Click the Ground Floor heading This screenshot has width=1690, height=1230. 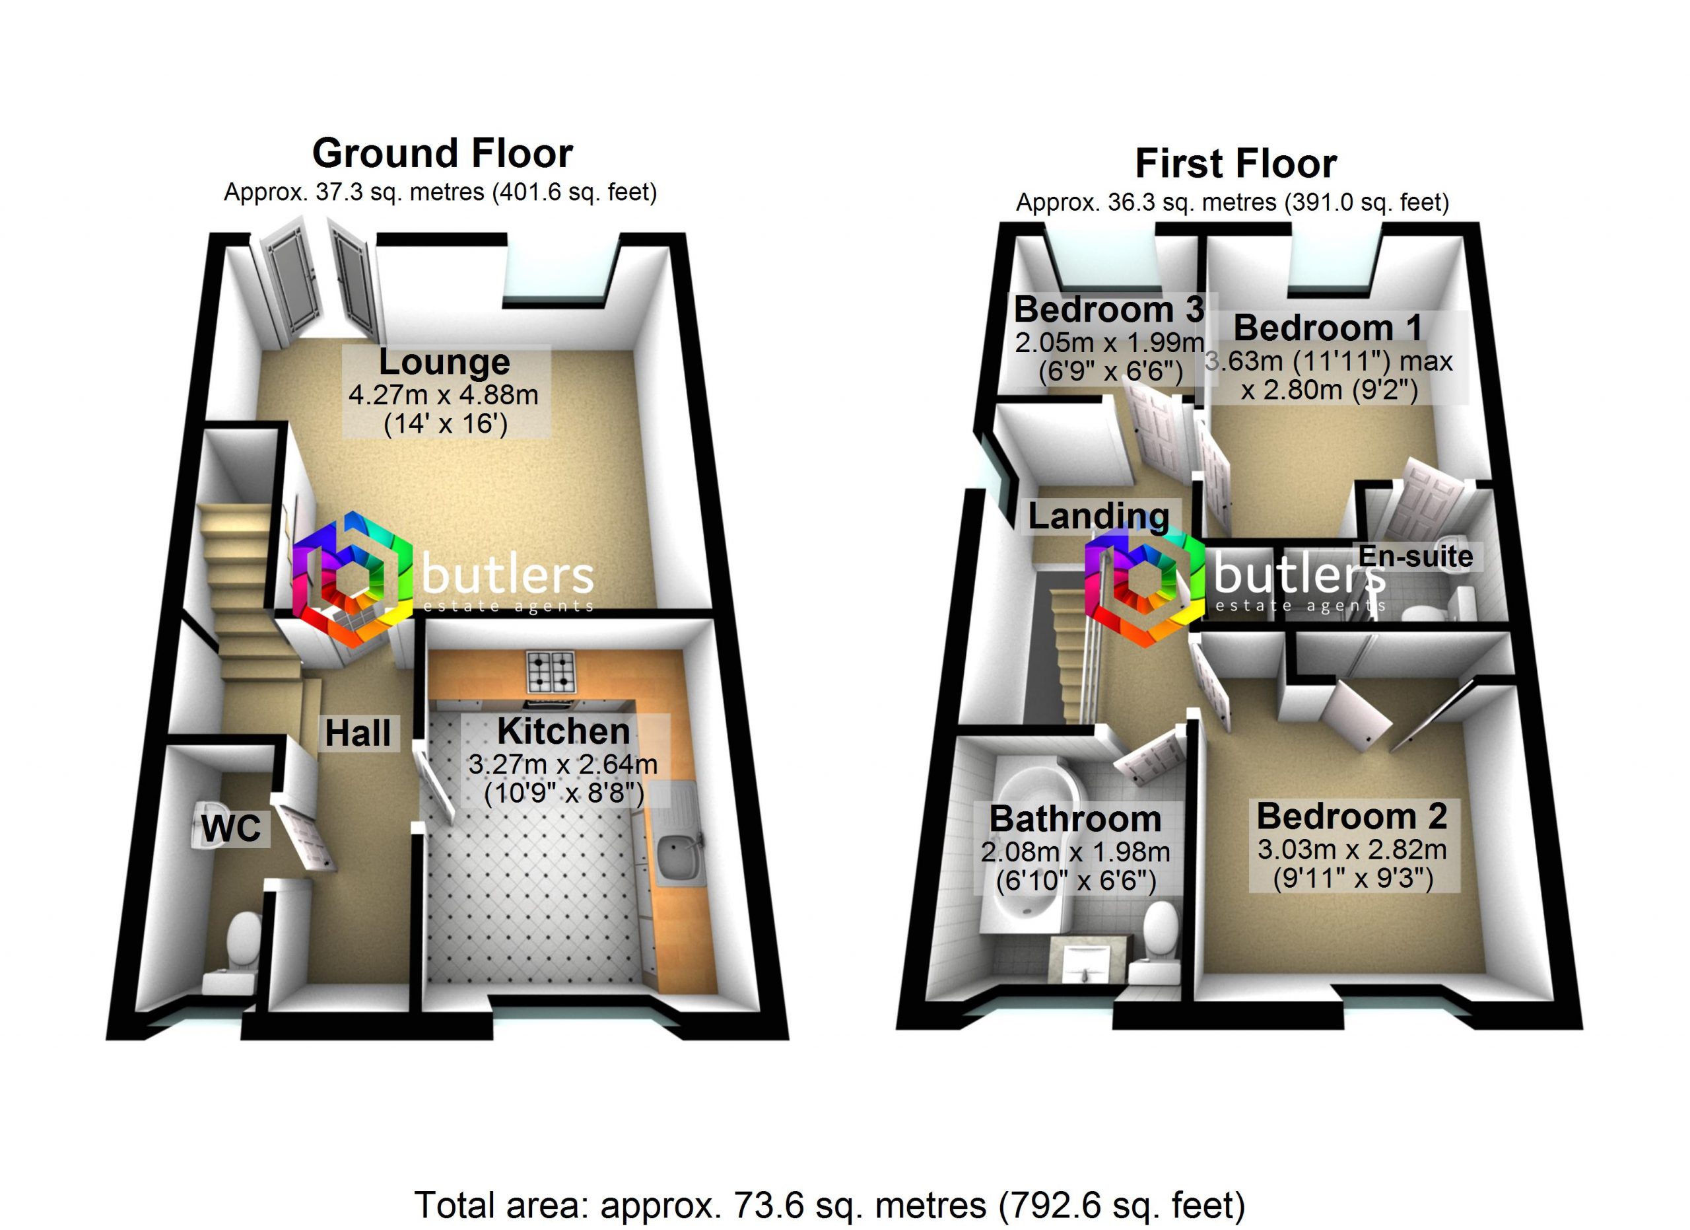click(x=442, y=153)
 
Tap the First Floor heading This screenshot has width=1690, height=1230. click(x=1235, y=164)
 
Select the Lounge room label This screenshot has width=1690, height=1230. click(x=445, y=362)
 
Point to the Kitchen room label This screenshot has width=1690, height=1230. click(x=563, y=731)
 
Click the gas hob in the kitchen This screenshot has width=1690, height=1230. click(x=551, y=671)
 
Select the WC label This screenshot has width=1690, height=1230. click(x=232, y=828)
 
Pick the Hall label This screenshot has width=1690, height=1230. click(x=358, y=733)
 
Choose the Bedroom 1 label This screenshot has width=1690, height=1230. click(x=1328, y=328)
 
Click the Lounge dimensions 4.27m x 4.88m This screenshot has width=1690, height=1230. click(x=444, y=395)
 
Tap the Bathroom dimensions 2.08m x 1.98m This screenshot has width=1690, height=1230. click(x=1075, y=852)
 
